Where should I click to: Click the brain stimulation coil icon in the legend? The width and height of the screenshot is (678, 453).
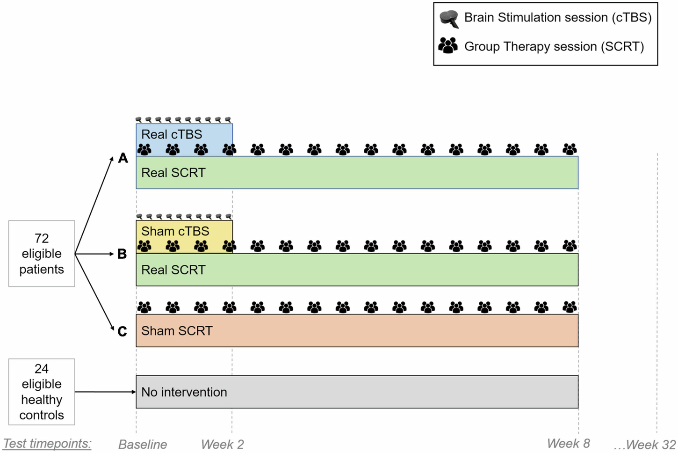coord(449,19)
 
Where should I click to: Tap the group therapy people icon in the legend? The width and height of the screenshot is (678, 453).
coord(448,45)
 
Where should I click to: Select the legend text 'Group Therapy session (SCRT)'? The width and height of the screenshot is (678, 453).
coord(554,46)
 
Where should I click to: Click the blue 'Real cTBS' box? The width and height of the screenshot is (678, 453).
coord(184,135)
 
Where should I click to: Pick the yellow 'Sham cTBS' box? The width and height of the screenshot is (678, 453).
coord(184,232)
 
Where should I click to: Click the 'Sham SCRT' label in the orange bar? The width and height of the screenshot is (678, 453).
coord(177,331)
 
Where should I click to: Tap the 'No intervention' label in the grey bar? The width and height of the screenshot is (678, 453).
coord(184,392)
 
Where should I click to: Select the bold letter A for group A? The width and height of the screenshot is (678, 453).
coord(123,158)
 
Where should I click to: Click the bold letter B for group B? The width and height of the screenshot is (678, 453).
coord(122,254)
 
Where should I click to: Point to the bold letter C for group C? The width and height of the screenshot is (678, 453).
coord(122,332)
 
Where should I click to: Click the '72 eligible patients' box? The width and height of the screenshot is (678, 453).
coord(42,254)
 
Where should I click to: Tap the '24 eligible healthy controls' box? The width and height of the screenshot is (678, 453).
coord(42,392)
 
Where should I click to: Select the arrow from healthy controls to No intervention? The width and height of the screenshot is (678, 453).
coord(105,392)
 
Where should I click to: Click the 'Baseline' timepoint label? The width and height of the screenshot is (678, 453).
coord(143,444)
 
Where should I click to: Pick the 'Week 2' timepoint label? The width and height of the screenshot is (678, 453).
coord(223,444)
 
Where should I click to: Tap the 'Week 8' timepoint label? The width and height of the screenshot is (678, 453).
coord(569,443)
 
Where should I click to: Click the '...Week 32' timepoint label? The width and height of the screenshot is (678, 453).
coord(645,444)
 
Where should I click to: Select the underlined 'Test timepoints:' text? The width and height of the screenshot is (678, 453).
coord(47,443)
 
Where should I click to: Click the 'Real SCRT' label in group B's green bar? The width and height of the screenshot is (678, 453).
coord(173,270)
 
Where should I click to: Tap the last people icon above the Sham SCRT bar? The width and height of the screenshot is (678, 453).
coord(570,307)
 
